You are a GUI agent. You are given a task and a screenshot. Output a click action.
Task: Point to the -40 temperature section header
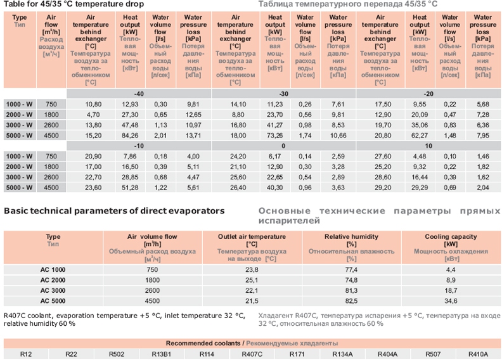[x=138, y=93]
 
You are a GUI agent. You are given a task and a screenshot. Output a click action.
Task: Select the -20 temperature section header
[x=428, y=93]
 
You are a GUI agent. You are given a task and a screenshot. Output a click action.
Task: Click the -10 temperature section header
[x=138, y=145]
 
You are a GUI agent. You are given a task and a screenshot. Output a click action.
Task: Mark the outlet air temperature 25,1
[x=252, y=279]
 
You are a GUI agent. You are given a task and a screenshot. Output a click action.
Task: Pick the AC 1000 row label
[x=54, y=269]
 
